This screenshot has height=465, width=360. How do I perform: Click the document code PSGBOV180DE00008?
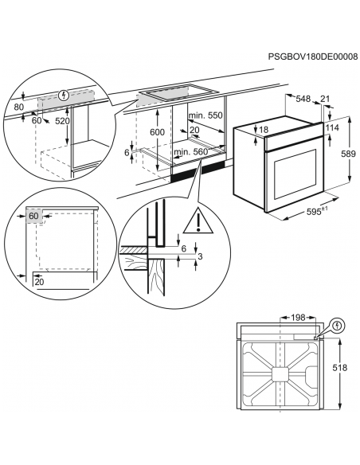point(313,57)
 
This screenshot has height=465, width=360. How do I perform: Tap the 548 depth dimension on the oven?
point(303,99)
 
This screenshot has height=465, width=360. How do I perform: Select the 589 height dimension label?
point(348,154)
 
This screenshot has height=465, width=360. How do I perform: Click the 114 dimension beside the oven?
point(332,128)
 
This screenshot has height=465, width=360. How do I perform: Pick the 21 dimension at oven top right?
point(325,99)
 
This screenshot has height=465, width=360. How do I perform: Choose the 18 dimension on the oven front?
point(264,130)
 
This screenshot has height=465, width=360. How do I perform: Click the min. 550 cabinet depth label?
point(205,115)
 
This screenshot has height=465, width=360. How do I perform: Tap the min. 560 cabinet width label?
point(191,152)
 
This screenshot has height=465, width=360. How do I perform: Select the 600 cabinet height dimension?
point(157,132)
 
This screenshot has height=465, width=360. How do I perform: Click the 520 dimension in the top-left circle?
point(63,121)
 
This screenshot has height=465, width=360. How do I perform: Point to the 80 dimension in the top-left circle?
point(19,107)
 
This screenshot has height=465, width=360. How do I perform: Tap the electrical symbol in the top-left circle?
point(64,96)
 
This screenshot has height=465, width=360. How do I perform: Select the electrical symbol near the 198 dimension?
point(338,326)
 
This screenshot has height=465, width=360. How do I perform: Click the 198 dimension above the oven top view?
point(298,318)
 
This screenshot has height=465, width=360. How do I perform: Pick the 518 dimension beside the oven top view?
point(339,368)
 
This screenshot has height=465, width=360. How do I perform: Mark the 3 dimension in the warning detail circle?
point(200,256)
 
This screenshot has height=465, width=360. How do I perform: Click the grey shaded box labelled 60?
point(35,217)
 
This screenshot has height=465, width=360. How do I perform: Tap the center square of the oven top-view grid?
point(280,374)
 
